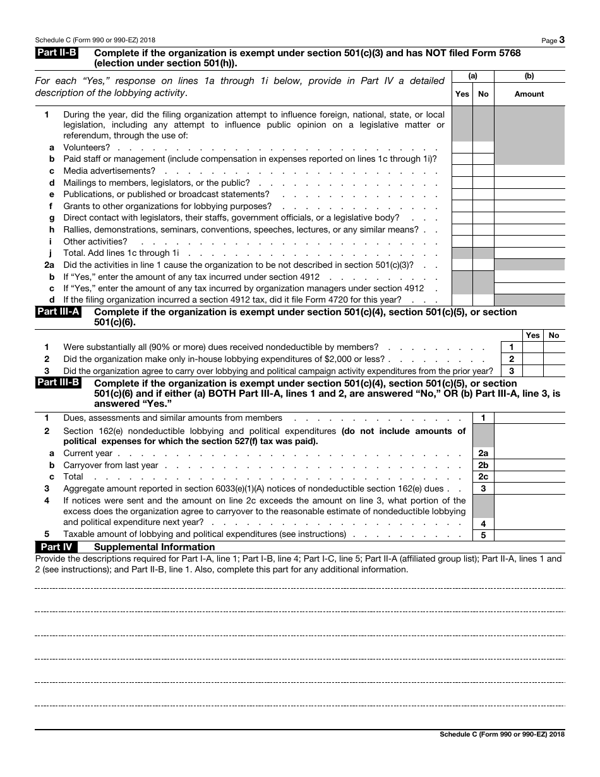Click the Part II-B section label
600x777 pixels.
(x=57, y=54)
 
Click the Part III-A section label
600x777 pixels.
(x=58, y=312)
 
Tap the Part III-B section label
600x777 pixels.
(x=58, y=383)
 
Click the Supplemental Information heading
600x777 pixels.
(x=154, y=547)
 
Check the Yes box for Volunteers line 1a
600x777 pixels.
(x=462, y=147)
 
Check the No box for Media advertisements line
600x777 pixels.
(x=483, y=171)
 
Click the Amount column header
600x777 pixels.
(x=529, y=94)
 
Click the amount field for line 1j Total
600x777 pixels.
(x=529, y=253)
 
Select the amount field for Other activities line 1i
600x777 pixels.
(x=529, y=241)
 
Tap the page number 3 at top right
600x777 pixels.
(x=561, y=40)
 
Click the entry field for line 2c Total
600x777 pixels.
(x=529, y=477)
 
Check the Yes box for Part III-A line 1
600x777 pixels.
(x=532, y=347)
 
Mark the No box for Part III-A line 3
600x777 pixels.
(x=554, y=371)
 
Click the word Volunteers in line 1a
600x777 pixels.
(x=87, y=147)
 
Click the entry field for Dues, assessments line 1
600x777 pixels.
(x=529, y=418)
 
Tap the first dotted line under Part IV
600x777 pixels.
(x=299, y=588)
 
